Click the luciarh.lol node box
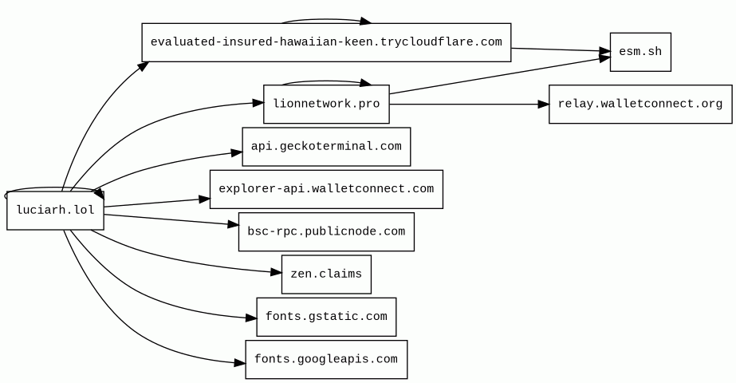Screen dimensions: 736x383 point(55,210)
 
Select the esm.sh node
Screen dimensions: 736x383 point(640,52)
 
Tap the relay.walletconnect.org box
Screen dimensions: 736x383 point(640,104)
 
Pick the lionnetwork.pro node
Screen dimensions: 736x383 point(326,104)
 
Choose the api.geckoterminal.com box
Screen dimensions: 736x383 point(326,147)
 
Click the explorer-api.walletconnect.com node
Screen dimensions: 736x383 point(326,189)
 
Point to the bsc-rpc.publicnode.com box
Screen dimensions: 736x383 point(326,231)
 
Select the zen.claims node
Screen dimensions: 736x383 point(326,274)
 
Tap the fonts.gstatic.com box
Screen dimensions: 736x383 point(326,317)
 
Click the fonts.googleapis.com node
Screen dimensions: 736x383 point(326,360)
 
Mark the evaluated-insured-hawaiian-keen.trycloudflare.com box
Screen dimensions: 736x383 point(326,42)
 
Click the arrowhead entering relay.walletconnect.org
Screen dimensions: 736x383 point(543,104)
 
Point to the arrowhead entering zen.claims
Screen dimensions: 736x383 point(276,272)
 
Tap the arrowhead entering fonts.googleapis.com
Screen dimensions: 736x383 point(240,363)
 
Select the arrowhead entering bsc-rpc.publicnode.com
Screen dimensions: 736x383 point(234,225)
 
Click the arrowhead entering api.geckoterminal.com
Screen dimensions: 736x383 point(237,152)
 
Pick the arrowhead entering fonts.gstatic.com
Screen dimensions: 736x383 point(251,318)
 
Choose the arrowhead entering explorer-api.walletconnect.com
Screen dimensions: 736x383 point(204,199)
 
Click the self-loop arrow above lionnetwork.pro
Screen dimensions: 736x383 point(326,81)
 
